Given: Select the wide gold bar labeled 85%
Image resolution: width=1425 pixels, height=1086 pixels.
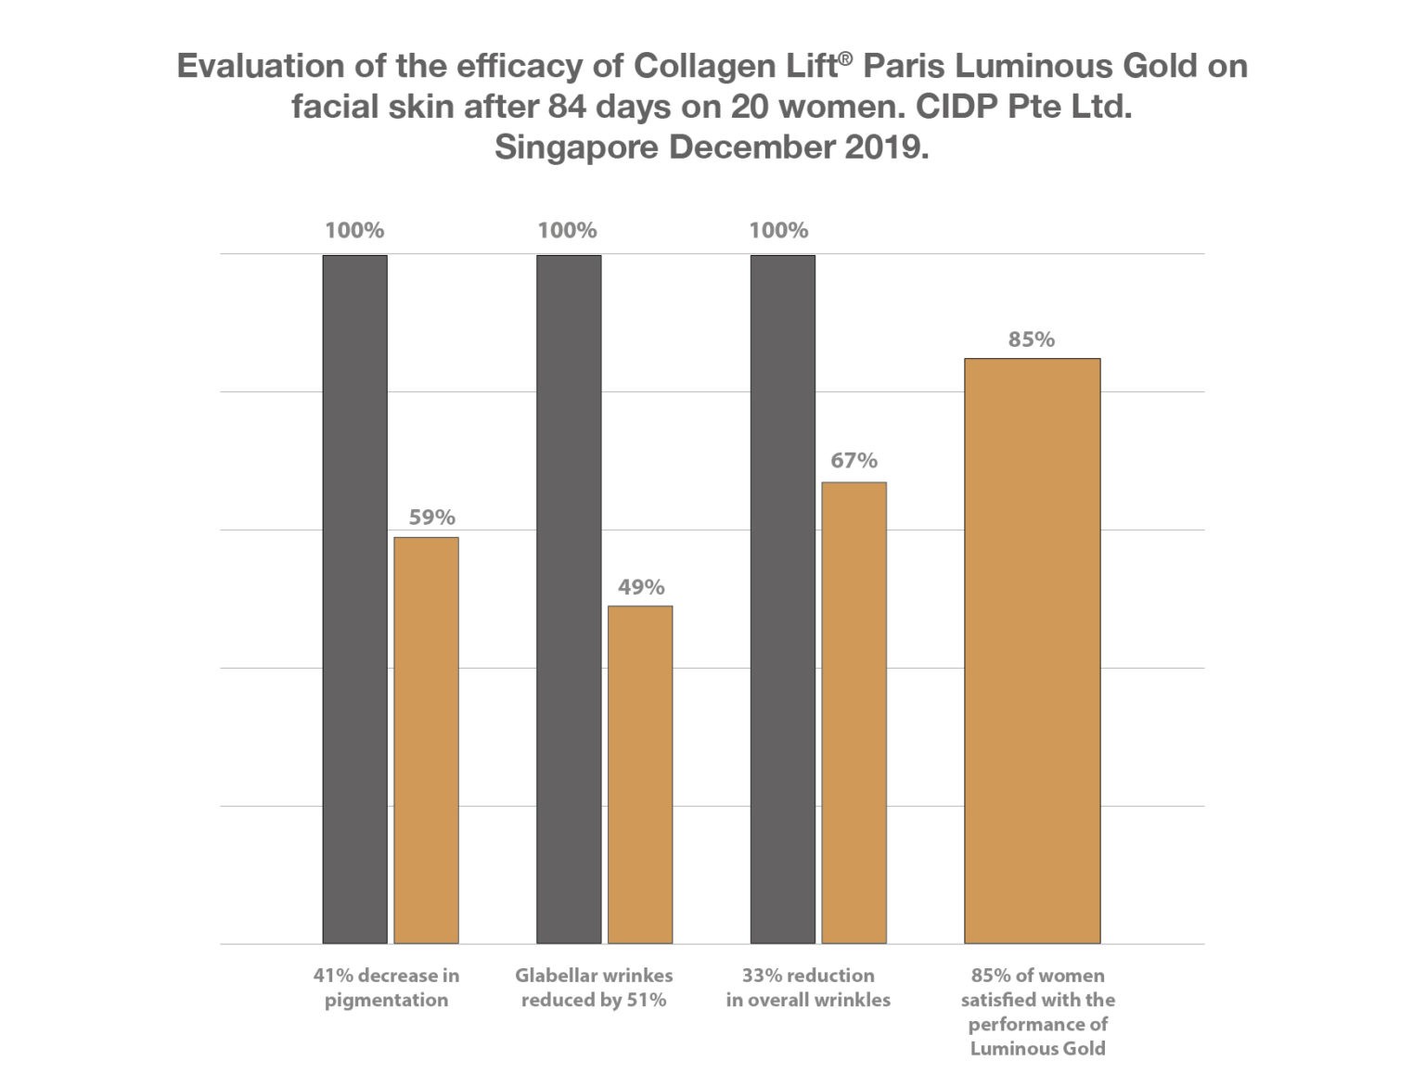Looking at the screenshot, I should [x=1032, y=650].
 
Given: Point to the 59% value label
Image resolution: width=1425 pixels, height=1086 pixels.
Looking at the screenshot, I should [x=432, y=517].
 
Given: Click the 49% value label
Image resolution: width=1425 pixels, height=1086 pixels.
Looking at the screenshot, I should [x=641, y=587].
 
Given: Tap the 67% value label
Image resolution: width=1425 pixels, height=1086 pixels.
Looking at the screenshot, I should [x=854, y=461].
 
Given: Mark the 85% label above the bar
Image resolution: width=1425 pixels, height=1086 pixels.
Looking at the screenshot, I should [x=1032, y=339].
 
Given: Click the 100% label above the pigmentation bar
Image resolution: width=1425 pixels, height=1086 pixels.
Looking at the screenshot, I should [x=354, y=231].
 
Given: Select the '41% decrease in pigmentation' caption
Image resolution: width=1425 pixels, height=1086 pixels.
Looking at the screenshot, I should [x=386, y=988].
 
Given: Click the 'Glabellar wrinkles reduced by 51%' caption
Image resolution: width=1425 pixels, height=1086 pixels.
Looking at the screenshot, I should [x=594, y=988].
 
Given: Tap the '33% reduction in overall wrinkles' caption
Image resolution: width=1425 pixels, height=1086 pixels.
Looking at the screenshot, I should [x=808, y=988].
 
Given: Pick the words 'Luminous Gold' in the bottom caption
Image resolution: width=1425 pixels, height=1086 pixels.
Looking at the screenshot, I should [x=1037, y=1049].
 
